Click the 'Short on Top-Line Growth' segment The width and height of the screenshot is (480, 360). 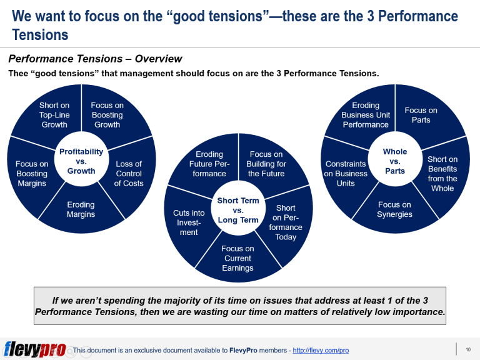54,115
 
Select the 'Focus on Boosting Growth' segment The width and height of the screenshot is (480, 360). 107,115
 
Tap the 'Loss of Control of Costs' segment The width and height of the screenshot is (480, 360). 129,174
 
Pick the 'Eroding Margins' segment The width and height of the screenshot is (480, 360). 81,209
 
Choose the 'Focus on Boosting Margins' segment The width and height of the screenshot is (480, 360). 32,174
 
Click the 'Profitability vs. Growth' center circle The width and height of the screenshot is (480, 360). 81,161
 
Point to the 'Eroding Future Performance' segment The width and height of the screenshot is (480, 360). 209,164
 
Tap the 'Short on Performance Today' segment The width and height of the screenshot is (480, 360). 286,222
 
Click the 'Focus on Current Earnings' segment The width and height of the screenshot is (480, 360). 237,258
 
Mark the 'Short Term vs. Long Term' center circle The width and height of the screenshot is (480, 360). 237,210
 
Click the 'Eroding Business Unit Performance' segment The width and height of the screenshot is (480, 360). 366,115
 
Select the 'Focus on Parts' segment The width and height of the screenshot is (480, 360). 421,115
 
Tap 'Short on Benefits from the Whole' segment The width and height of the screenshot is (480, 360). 442,174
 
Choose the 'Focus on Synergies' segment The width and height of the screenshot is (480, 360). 394,209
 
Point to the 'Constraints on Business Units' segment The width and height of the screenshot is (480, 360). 346,174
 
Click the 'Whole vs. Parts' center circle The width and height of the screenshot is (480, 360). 394,161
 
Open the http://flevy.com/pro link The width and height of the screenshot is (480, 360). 321,351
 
